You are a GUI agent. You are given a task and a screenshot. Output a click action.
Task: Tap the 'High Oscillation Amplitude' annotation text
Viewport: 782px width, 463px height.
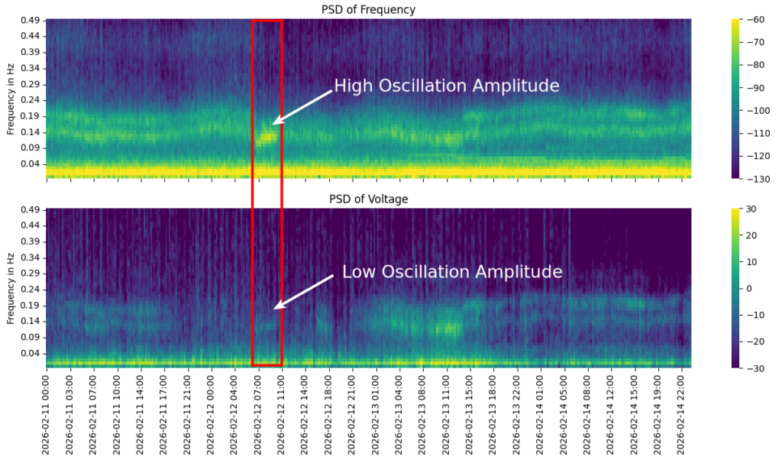pyautogui.click(x=447, y=86)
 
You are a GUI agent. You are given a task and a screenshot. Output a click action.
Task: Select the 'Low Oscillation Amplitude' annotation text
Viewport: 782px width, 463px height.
pyautogui.click(x=451, y=272)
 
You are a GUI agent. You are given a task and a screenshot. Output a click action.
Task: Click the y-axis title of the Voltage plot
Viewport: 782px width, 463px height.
pyautogui.click(x=11, y=288)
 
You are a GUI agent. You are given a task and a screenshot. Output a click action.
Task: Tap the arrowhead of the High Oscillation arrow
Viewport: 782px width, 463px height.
pyautogui.click(x=275, y=121)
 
